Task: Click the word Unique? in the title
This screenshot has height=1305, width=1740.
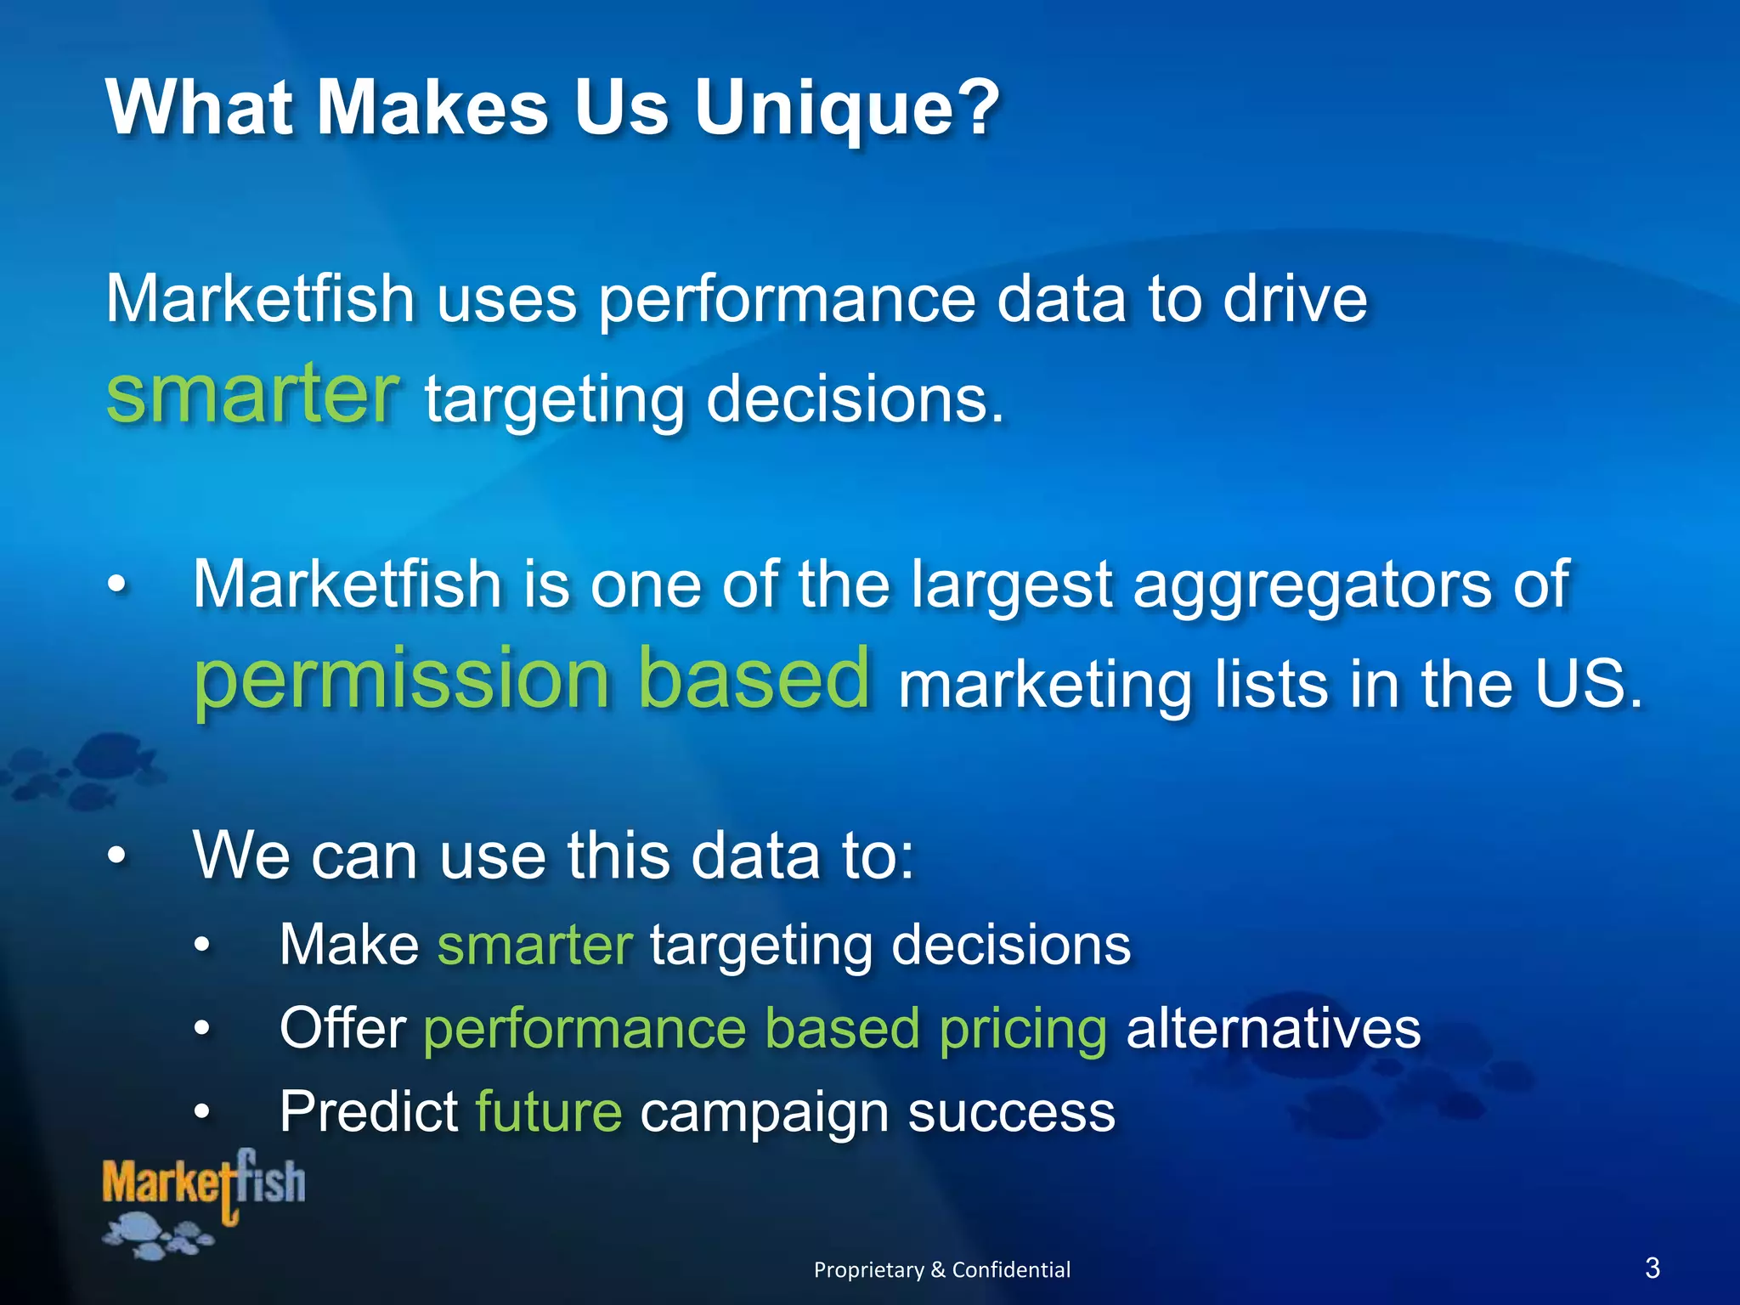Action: pos(847,109)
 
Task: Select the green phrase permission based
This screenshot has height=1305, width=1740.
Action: pos(532,678)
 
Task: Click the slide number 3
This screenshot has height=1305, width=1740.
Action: pos(1652,1268)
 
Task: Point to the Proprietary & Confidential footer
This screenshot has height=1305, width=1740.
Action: pos(941,1269)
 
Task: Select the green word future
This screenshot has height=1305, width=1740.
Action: pos(548,1111)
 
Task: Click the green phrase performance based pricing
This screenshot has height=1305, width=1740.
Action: pos(765,1029)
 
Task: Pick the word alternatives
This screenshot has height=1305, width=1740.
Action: pos(1273,1029)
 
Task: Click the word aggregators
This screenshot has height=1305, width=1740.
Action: pos(1312,585)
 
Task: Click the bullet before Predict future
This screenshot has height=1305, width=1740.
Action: pos(201,1111)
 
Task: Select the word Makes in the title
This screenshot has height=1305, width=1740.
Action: pos(433,109)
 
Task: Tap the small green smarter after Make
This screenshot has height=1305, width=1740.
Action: pos(534,945)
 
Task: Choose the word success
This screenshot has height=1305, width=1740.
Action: pos(1011,1111)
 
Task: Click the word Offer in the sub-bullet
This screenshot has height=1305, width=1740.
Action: pos(343,1029)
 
